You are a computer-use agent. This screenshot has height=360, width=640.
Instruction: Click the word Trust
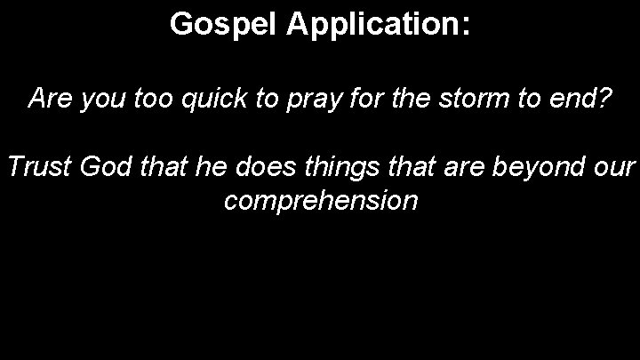[41, 167]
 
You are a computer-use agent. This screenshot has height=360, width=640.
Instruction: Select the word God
[112, 167]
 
